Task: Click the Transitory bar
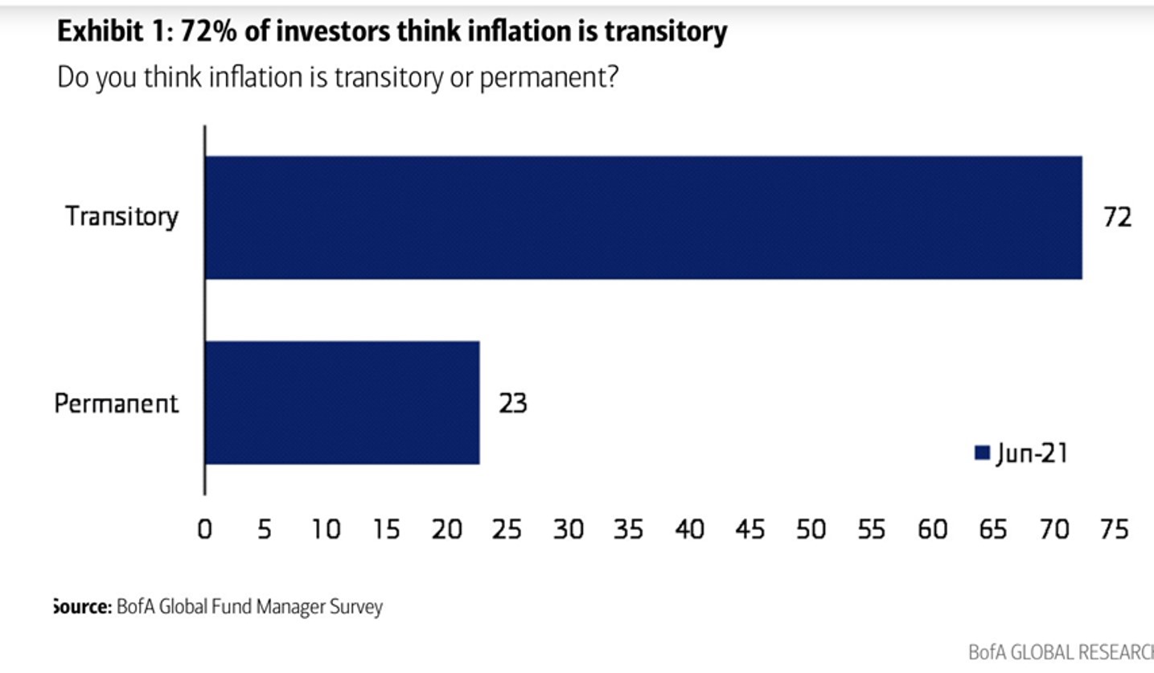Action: click(643, 217)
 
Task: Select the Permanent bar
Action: click(343, 402)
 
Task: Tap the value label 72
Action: click(1117, 217)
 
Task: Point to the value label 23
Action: click(512, 402)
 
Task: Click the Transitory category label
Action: click(121, 217)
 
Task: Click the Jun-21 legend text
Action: click(1032, 453)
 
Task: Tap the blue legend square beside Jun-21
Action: click(981, 453)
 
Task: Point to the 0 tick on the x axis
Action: click(204, 529)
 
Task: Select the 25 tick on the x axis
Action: click(507, 529)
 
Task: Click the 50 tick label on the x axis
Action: click(811, 529)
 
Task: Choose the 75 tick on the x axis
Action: click(1114, 529)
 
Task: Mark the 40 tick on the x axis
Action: click(689, 529)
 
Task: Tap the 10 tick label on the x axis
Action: click(326, 529)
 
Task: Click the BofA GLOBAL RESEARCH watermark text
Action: click(1061, 652)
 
